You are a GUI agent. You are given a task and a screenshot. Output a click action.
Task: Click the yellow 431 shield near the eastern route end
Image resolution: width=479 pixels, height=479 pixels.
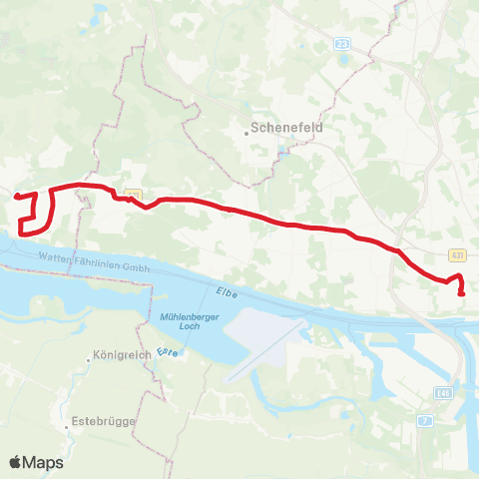(x=456, y=255)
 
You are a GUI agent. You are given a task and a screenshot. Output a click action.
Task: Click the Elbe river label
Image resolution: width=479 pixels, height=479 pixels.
(x=224, y=291)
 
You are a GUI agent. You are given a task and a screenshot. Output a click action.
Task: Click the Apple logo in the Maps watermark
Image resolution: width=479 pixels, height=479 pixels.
(x=16, y=462)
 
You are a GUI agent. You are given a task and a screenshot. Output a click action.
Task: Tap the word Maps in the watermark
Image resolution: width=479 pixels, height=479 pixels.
(x=44, y=462)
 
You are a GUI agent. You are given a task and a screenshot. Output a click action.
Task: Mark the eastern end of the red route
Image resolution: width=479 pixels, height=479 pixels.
(x=461, y=293)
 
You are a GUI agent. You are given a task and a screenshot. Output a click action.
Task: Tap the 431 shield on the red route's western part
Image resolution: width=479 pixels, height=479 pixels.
(x=135, y=196)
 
